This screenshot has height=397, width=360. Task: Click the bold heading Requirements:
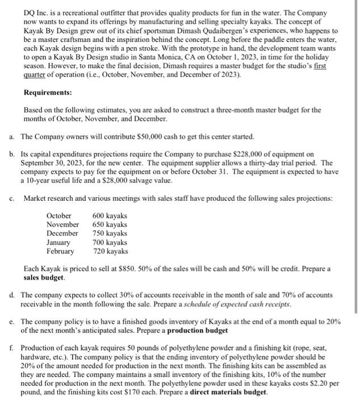(x=48, y=92)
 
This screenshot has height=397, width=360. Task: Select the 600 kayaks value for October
(x=109, y=216)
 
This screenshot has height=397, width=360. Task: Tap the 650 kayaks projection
(x=109, y=225)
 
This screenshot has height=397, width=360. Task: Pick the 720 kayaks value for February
(x=109, y=251)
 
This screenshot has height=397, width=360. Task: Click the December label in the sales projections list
(x=62, y=234)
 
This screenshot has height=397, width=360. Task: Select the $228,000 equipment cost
(x=240, y=154)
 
